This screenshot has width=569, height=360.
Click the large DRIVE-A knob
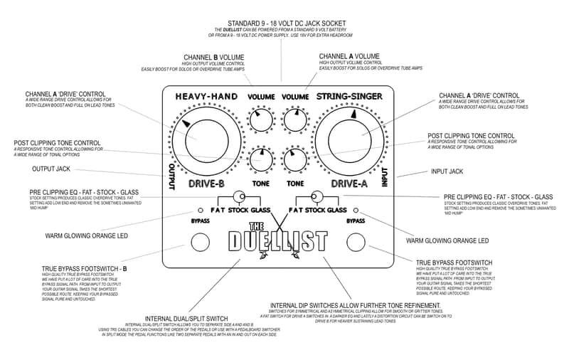click(351, 137)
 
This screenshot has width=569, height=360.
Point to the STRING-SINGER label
click(352, 97)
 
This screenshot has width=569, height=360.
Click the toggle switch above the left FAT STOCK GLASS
click(239, 196)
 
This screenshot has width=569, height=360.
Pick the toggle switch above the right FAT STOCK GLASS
click(317, 196)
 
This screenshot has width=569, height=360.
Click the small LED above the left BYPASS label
click(199, 211)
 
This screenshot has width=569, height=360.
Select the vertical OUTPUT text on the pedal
click(171, 175)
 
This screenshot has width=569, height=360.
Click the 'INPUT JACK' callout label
click(447, 171)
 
